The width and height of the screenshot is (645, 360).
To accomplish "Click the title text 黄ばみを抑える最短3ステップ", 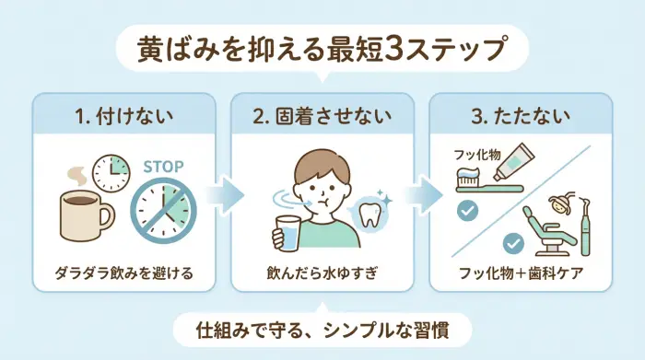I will tap(322, 47).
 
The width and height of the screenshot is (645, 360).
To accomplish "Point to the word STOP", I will tap(164, 167).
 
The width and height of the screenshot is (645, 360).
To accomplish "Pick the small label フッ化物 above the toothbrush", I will tap(475, 156).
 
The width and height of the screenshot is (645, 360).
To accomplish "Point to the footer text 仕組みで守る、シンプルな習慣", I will tap(322, 328).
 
